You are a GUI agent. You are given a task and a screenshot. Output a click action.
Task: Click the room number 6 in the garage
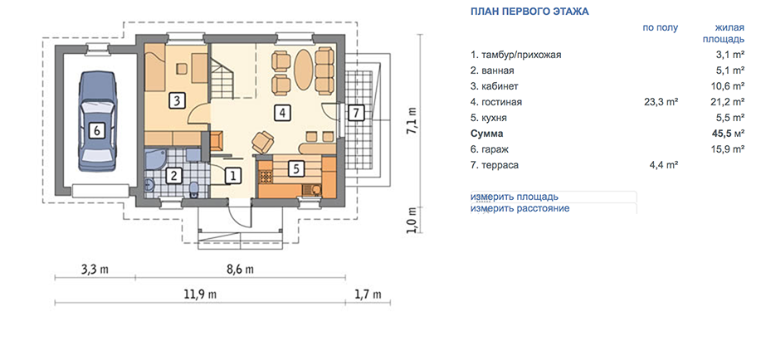(x=96, y=130)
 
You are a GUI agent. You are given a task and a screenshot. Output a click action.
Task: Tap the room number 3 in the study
(x=177, y=101)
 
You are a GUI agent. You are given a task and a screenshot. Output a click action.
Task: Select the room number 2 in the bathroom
(x=173, y=175)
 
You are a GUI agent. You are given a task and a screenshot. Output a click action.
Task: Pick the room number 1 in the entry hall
(x=233, y=175)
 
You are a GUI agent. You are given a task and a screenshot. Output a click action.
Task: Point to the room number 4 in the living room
(x=282, y=113)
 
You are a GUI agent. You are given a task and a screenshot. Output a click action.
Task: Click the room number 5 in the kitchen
(x=296, y=168)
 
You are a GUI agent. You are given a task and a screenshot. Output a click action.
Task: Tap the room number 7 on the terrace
(x=356, y=113)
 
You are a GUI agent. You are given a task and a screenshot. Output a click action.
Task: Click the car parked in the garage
(x=97, y=121)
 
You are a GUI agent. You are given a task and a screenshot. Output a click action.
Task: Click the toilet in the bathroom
(x=194, y=189)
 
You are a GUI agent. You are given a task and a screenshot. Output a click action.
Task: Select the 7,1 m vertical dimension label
(x=412, y=121)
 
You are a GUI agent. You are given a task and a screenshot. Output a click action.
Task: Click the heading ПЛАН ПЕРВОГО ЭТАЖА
(x=529, y=12)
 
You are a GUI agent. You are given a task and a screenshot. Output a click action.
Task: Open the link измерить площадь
(x=514, y=197)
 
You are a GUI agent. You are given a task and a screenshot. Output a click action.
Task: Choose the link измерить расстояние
(x=520, y=209)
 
